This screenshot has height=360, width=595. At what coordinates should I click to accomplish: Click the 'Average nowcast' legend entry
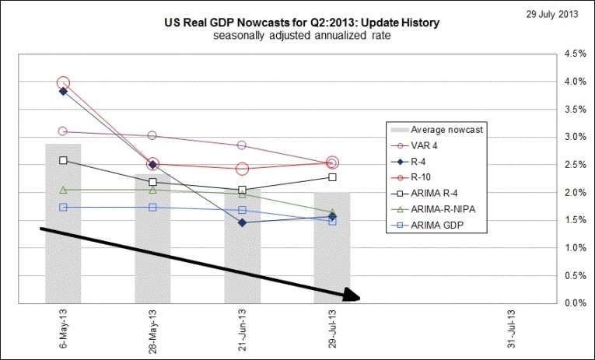(445, 129)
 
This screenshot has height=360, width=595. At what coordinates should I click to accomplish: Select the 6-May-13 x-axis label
(64, 330)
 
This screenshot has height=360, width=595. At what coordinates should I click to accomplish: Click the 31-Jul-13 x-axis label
(512, 330)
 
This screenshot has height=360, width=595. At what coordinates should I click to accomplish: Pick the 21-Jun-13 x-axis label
(243, 330)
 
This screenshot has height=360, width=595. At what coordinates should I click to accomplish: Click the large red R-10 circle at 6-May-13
(63, 82)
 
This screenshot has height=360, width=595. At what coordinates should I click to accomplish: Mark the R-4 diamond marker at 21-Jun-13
(243, 223)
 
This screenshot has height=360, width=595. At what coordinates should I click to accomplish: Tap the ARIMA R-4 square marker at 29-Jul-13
(333, 177)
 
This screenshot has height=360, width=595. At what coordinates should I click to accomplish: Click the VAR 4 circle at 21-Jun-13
(243, 145)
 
